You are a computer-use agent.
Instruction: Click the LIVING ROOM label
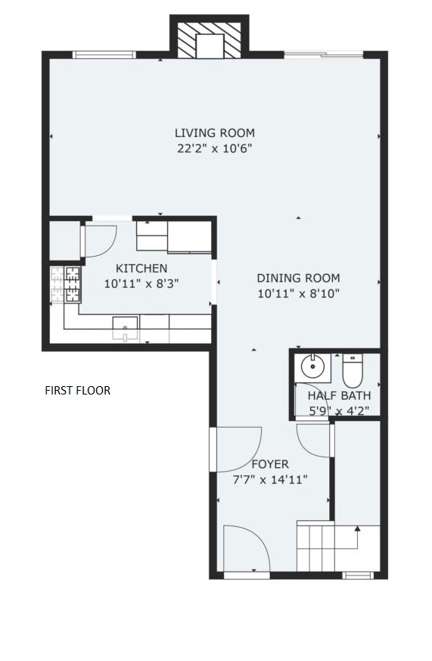pyautogui.click(x=215, y=133)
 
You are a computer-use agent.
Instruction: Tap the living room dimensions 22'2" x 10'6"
pyautogui.click(x=215, y=148)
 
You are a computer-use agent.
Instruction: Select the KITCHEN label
pyautogui.click(x=141, y=268)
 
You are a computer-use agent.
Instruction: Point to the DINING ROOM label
pyautogui.click(x=299, y=278)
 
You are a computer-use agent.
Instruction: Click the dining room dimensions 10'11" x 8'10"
pyautogui.click(x=299, y=294)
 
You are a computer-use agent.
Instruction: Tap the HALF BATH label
pyautogui.click(x=340, y=396)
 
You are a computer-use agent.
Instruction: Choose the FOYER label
pyautogui.click(x=270, y=464)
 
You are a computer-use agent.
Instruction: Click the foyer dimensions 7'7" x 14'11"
pyautogui.click(x=270, y=480)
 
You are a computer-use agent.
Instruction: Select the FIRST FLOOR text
pyautogui.click(x=78, y=391)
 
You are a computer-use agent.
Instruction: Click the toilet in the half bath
pyautogui.click(x=352, y=370)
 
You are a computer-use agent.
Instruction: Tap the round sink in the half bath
pyautogui.click(x=312, y=366)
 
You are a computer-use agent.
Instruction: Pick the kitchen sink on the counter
pyautogui.click(x=125, y=329)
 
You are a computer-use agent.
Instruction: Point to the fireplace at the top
pyautogui.click(x=210, y=40)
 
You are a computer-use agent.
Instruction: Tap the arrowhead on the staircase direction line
pyautogui.click(x=358, y=528)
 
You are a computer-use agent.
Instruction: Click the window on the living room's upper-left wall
pyautogui.click(x=104, y=55)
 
